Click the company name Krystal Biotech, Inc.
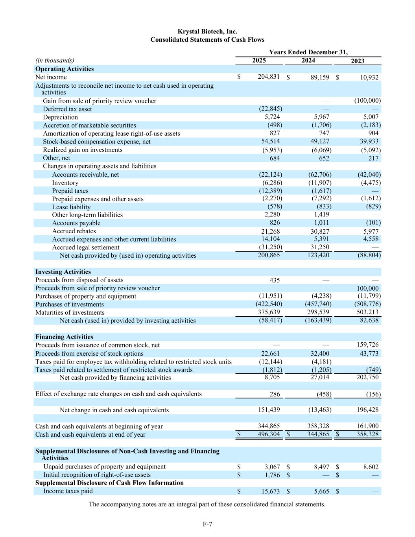coord(207,31)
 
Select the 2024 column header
coord(308,60)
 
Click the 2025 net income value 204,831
coord(269,77)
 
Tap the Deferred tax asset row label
coord(67,109)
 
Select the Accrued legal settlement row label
coord(86,247)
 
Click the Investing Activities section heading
coord(63,272)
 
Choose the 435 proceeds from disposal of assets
coord(275,280)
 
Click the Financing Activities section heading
coord(64,337)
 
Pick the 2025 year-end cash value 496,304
coord(269,434)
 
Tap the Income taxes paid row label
coord(68,491)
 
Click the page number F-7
coord(207,524)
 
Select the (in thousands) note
coord(55,60)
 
